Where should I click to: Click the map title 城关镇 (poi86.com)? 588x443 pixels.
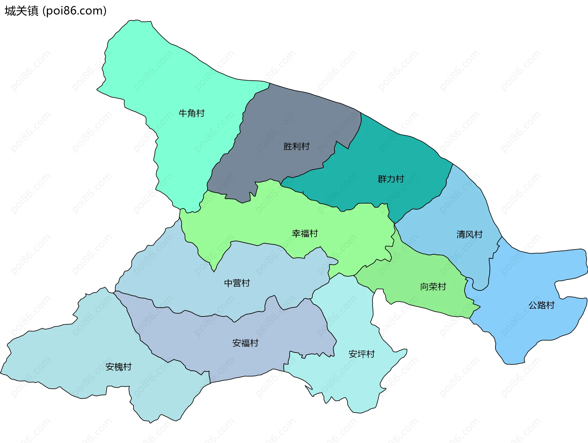click(55, 11)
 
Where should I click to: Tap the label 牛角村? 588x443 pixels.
click(191, 113)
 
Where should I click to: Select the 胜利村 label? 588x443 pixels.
click(296, 146)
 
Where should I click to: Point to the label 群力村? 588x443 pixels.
click(391, 179)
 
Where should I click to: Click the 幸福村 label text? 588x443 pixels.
click(305, 234)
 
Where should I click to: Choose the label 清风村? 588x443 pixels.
click(469, 235)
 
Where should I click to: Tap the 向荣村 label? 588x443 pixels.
click(433, 287)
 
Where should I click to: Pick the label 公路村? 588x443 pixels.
click(541, 305)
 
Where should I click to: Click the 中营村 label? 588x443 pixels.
click(237, 283)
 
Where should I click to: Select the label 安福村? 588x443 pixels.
click(245, 343)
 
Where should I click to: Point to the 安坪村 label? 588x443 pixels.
click(361, 354)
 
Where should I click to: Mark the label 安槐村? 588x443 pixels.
click(118, 367)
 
